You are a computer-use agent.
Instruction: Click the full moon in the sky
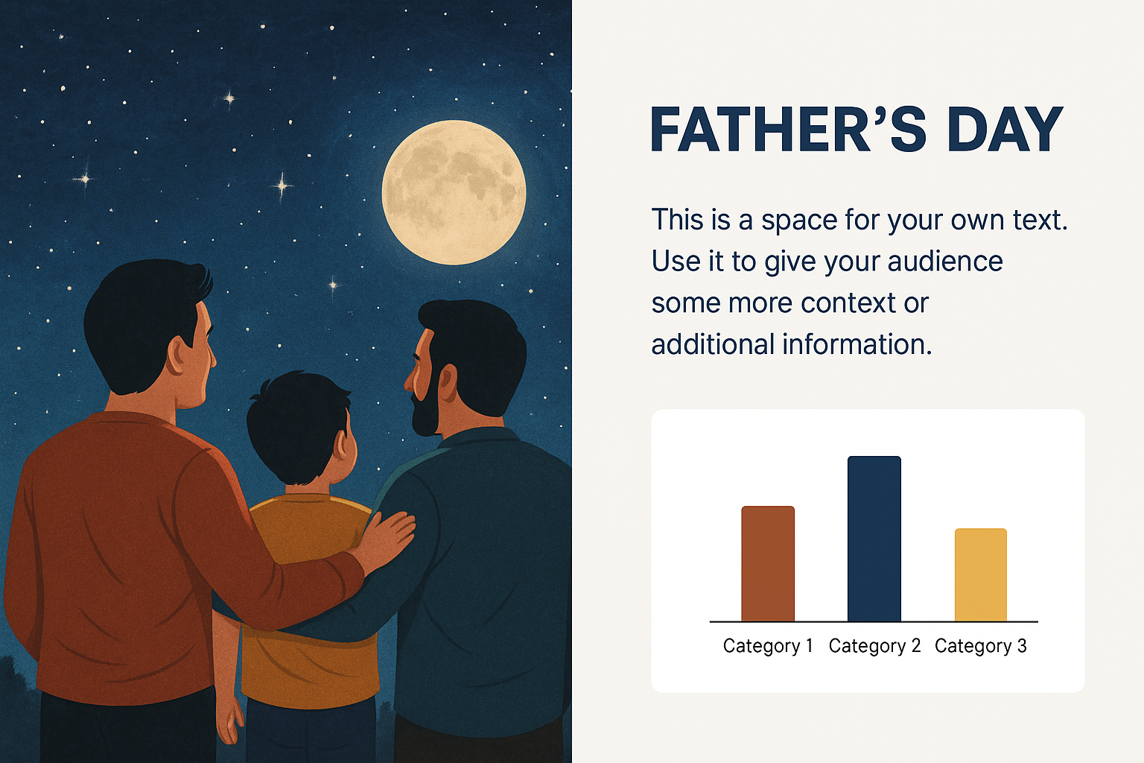point(454,193)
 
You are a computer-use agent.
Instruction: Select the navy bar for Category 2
point(874,539)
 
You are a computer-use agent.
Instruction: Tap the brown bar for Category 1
point(768,564)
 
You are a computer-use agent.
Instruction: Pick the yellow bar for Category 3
point(981,575)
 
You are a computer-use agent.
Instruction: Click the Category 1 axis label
point(768,646)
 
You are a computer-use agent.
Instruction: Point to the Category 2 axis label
point(874,646)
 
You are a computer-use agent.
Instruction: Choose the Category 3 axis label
point(981,646)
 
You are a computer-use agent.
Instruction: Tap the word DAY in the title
point(1005,130)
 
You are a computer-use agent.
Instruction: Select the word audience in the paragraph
point(945,261)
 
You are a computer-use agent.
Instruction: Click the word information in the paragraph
point(857,344)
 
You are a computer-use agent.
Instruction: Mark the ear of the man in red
point(179,355)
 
